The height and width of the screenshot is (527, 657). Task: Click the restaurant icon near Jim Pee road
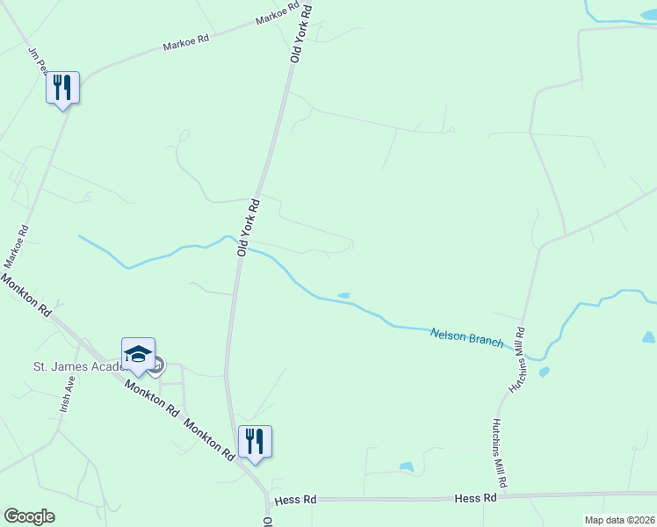[62, 88]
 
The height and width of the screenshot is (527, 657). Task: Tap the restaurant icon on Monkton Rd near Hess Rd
[255, 441]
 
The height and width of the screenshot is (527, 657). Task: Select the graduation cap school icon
[139, 354]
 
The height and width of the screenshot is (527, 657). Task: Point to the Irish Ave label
[66, 394]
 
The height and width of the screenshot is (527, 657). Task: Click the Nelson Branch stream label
[466, 336]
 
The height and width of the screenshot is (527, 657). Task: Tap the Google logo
[29, 516]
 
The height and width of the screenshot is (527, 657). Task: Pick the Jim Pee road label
[37, 60]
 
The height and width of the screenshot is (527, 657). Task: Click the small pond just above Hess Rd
[406, 466]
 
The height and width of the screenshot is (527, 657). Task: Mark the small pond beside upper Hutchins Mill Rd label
[544, 372]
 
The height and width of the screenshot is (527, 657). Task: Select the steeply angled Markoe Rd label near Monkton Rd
[17, 247]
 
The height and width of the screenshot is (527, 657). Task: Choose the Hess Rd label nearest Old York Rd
[294, 500]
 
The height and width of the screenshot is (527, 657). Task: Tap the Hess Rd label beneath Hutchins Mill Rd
[475, 497]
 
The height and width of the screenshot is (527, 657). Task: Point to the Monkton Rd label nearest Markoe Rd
[25, 294]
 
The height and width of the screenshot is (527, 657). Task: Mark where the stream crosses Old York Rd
[240, 245]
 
